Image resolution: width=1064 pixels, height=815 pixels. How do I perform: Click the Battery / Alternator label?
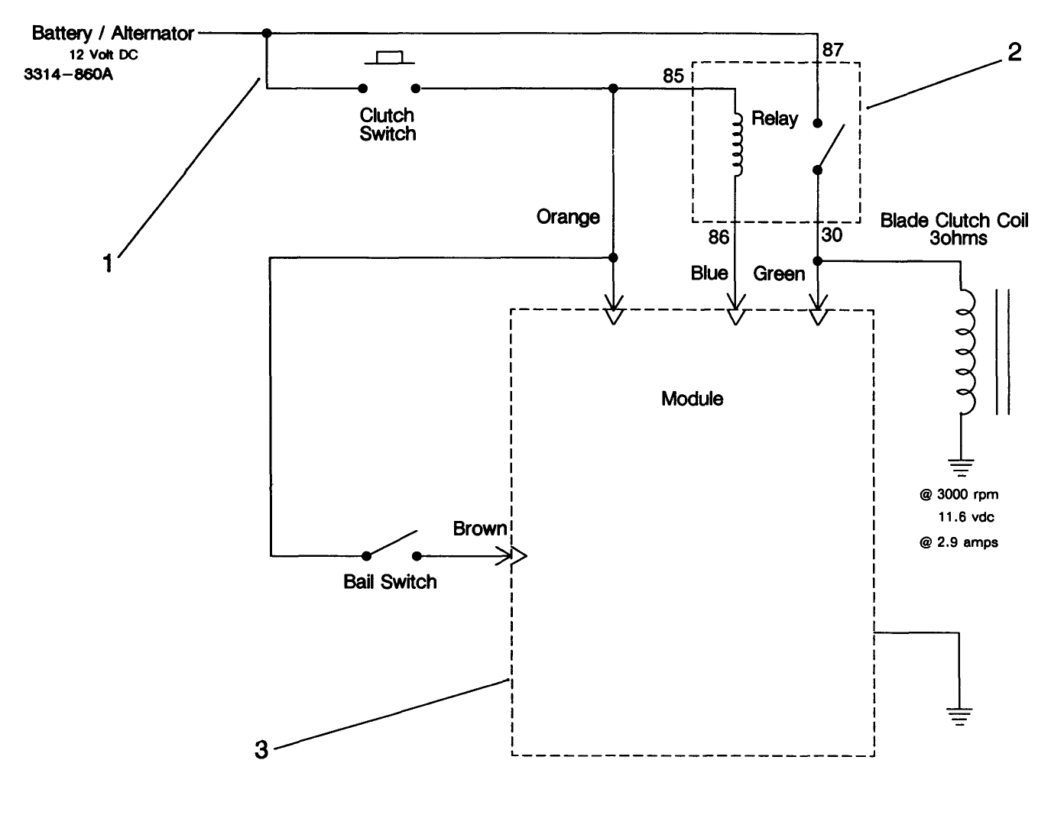click(112, 33)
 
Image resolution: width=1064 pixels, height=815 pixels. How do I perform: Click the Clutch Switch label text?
click(388, 125)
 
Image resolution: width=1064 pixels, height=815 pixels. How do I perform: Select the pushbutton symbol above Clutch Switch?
click(389, 57)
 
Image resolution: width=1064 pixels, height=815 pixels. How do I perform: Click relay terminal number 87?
click(832, 50)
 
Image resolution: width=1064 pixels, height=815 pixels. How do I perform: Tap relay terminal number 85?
click(673, 76)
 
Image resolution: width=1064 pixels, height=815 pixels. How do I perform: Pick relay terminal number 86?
click(719, 238)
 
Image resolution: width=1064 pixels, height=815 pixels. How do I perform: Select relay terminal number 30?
click(832, 235)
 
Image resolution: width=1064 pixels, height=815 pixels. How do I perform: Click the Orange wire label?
click(568, 217)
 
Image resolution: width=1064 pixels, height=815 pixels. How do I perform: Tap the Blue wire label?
click(709, 273)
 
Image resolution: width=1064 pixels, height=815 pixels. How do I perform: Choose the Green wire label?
click(779, 273)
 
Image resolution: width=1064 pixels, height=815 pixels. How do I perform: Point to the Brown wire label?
click(479, 529)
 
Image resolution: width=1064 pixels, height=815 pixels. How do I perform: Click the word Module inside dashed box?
click(692, 399)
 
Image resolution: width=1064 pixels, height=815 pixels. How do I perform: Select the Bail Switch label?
click(390, 582)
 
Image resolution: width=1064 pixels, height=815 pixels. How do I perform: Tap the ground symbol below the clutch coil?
click(961, 466)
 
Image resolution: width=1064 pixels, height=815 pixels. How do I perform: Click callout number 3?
click(261, 751)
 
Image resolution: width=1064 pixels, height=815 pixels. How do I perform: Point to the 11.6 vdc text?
click(966, 517)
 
